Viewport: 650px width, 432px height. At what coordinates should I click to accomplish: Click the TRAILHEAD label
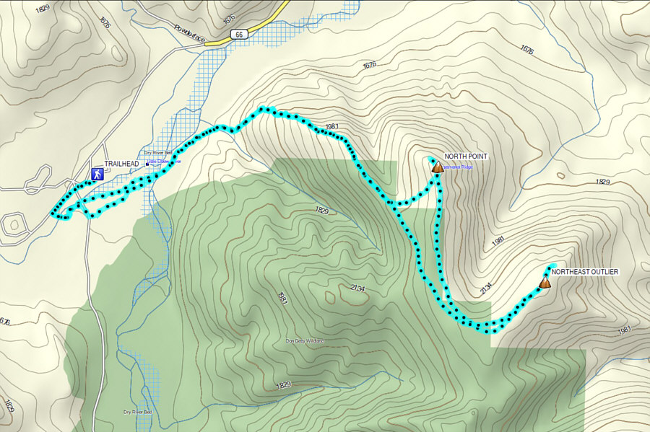121,164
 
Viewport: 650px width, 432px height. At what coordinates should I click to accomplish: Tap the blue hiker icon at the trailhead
96,174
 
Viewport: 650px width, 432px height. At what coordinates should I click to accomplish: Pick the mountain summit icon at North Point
437,167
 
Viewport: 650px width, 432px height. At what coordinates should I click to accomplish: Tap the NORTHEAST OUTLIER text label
585,271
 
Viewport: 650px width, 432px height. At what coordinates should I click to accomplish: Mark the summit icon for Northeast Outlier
545,283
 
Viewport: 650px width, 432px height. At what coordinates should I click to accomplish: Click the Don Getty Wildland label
305,340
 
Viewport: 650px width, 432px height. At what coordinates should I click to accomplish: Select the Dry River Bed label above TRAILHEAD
158,153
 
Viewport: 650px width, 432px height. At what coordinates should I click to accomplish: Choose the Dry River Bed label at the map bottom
137,413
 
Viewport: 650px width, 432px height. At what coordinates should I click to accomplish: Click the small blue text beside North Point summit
457,167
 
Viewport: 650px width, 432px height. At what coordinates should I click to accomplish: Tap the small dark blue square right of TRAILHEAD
147,164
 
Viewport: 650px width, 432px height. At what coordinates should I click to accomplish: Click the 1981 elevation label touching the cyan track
332,127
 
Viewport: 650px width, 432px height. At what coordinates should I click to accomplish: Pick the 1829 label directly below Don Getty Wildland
283,384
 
